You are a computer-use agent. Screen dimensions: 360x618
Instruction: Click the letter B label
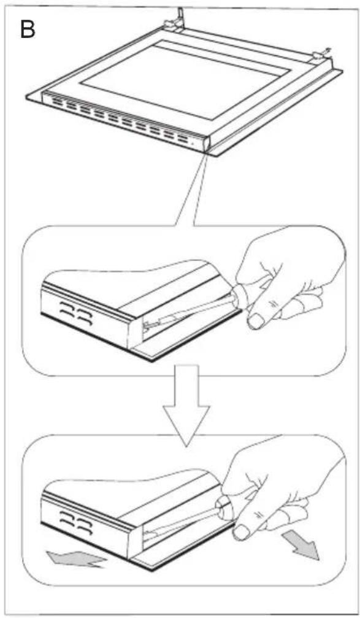point(27,29)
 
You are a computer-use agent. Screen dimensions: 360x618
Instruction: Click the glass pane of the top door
point(185,79)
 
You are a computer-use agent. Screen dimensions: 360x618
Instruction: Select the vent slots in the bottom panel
point(76,523)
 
